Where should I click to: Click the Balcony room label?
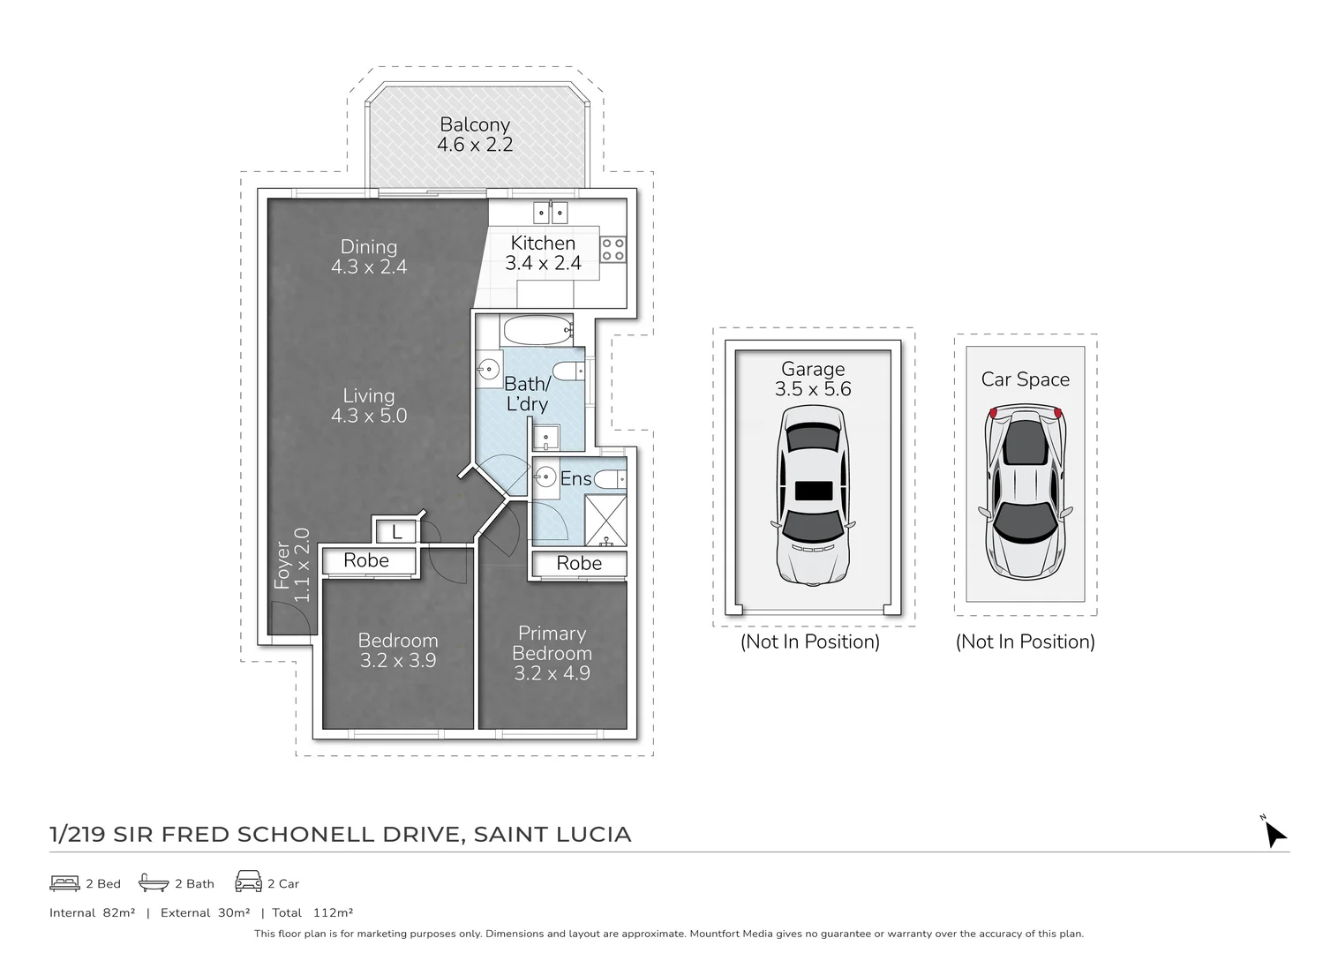tap(475, 124)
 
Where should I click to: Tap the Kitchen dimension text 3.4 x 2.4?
tap(543, 263)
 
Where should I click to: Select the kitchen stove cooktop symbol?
tap(613, 250)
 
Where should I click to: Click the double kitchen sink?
tap(550, 213)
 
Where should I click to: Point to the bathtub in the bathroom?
tap(537, 332)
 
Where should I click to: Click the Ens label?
tap(575, 479)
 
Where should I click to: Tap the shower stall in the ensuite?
tap(605, 520)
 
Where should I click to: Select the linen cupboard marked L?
tap(396, 531)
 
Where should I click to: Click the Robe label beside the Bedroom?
tap(366, 560)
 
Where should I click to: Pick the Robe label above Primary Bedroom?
tap(579, 563)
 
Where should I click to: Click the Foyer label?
tap(282, 566)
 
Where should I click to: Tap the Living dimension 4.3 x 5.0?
tap(369, 416)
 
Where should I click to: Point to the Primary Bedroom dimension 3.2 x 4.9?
tap(552, 673)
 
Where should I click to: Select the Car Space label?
tap(1025, 379)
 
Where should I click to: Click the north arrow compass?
tap(1274, 832)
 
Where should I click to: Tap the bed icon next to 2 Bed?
tap(65, 882)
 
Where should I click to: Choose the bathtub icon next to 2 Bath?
tap(154, 882)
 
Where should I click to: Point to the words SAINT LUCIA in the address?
tap(552, 835)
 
